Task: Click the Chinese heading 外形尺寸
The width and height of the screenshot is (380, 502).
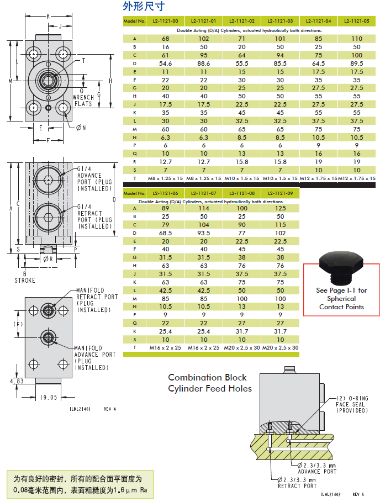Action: (144, 7)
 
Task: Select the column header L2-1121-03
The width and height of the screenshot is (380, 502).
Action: (280, 21)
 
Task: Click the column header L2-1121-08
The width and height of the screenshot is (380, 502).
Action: (241, 193)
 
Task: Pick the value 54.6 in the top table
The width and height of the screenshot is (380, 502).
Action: (165, 64)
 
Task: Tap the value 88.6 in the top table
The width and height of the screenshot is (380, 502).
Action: (203, 64)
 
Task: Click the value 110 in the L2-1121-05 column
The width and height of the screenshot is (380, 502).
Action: (356, 39)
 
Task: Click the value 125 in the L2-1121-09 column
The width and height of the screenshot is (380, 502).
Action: (280, 208)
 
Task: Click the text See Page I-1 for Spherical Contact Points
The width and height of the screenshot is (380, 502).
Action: (341, 298)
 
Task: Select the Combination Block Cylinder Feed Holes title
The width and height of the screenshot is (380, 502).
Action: (210, 383)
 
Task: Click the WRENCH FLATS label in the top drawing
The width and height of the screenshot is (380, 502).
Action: (83, 101)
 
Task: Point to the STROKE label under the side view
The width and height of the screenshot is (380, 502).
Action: (24, 281)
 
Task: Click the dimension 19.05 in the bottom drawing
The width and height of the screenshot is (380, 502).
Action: (49, 397)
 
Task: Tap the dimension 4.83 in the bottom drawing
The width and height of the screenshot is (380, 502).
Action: (17, 381)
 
